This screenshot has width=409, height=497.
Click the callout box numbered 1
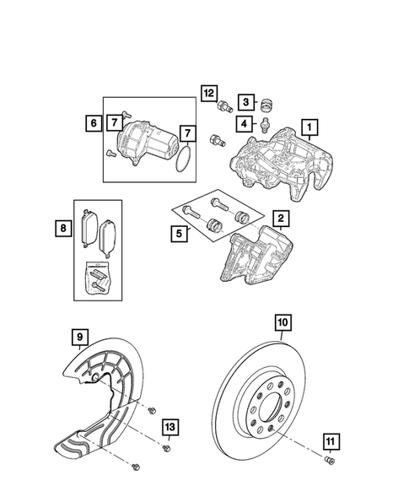310,129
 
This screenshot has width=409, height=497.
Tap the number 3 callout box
244,101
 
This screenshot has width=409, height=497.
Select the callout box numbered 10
282,321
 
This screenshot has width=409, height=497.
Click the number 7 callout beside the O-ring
188,134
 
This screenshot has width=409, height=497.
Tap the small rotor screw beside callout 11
327,460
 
